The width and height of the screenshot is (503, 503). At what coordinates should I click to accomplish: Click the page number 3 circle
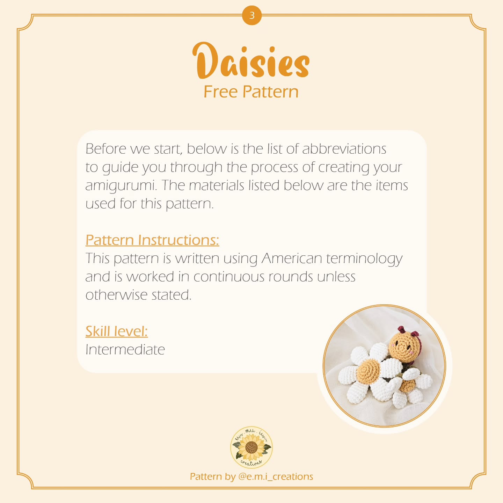(251, 16)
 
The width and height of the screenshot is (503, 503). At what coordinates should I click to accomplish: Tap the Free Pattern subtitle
(251, 92)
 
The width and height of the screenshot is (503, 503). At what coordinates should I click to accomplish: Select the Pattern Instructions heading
(152, 240)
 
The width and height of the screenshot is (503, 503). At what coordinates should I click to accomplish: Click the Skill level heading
(117, 331)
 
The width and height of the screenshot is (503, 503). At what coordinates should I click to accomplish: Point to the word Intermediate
(125, 349)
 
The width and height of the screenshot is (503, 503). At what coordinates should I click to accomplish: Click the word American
(292, 258)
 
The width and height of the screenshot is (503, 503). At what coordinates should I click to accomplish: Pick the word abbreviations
(344, 149)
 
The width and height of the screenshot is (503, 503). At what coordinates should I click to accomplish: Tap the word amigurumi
(121, 185)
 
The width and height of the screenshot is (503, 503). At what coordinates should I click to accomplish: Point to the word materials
(217, 185)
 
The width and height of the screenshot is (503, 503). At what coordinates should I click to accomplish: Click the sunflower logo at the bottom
(251, 447)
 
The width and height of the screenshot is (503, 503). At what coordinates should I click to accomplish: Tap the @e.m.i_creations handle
(275, 476)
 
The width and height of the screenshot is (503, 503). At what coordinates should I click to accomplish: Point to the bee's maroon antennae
(407, 331)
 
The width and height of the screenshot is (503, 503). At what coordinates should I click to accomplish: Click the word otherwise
(116, 295)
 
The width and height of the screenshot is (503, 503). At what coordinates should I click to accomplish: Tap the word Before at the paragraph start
(106, 149)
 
